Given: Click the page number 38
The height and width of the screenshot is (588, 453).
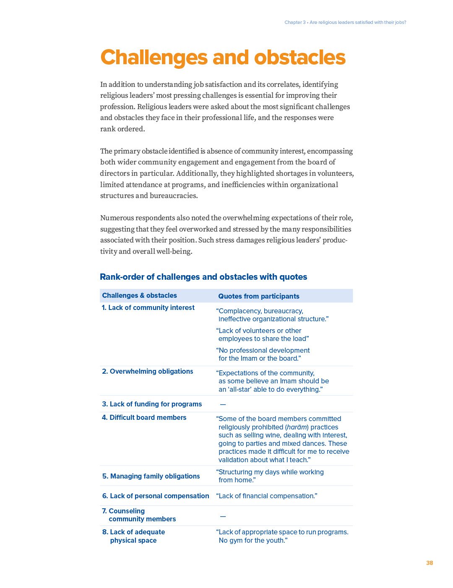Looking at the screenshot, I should pyautogui.click(x=429, y=563).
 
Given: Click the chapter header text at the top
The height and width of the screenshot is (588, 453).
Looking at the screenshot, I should pyautogui.click(x=345, y=22).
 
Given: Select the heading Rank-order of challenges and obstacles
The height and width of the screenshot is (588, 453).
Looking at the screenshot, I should pyautogui.click(x=203, y=277).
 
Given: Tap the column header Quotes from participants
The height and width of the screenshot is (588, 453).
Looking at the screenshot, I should pyautogui.click(x=258, y=296).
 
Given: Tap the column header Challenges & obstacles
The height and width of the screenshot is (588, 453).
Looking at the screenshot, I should pyautogui.click(x=139, y=295).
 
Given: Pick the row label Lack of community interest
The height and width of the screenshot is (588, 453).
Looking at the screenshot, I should pyautogui.click(x=148, y=307).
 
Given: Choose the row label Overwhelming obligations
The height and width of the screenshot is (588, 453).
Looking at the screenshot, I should pyautogui.click(x=147, y=371).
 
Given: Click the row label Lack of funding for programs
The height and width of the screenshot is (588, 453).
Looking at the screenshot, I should pyautogui.click(x=152, y=404).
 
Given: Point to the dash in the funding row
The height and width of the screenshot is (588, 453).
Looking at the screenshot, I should pyautogui.click(x=223, y=404).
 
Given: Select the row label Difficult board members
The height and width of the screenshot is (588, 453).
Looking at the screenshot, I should pyautogui.click(x=144, y=417).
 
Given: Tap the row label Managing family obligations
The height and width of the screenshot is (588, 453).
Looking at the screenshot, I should pyautogui.click(x=151, y=476).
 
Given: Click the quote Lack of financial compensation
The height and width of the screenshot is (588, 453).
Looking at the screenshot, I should pyautogui.click(x=266, y=496).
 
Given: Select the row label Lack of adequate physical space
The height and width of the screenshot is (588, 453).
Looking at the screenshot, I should pyautogui.click(x=133, y=536).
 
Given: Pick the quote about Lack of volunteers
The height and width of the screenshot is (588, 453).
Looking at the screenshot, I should pyautogui.click(x=263, y=335).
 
